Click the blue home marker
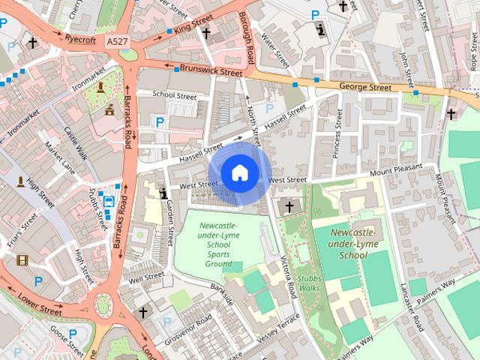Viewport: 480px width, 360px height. tap(239, 173)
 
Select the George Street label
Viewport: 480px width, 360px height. tap(364, 88)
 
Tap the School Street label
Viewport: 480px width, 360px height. tap(174, 95)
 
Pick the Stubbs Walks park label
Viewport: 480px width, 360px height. tap(308, 283)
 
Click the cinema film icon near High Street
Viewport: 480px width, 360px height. tap(21, 260)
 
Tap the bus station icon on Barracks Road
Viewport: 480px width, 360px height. tap(109, 201)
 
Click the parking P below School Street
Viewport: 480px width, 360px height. tap(158, 121)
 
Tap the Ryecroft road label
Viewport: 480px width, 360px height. tap(80, 38)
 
